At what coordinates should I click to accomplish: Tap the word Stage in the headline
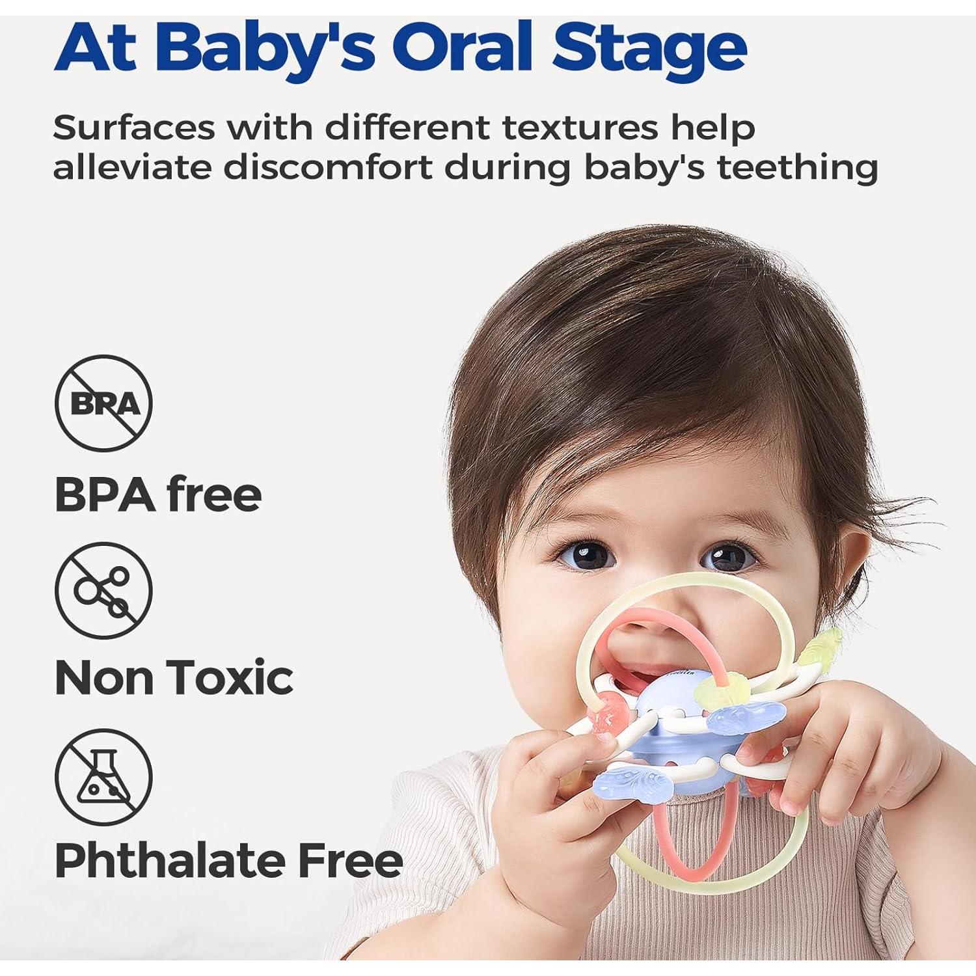[x=649, y=47]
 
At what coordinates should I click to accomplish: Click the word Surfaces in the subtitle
[x=133, y=127]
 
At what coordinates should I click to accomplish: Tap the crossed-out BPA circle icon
[x=103, y=403]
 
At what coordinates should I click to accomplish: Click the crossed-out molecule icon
[x=103, y=591]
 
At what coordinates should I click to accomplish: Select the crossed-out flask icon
[x=103, y=776]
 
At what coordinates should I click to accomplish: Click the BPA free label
[x=158, y=495]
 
